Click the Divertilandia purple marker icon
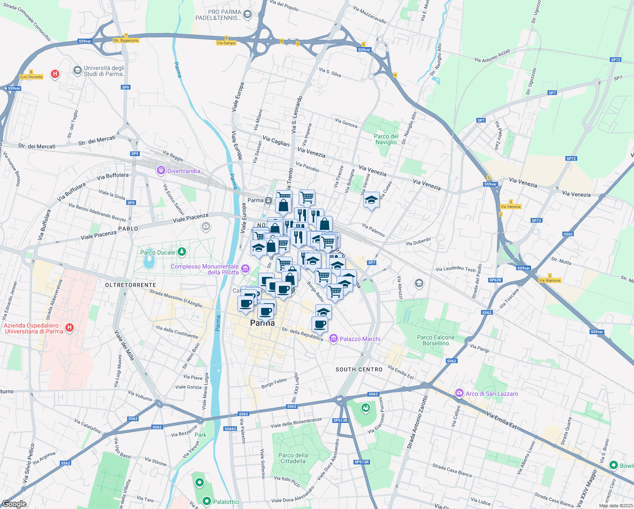click(x=161, y=171)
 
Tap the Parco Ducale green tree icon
click(x=182, y=252)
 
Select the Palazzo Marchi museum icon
click(x=334, y=338)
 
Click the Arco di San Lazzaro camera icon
click(x=459, y=393)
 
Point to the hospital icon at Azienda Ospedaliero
click(x=70, y=327)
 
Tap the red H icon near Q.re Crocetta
click(x=55, y=74)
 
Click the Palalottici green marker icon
click(x=206, y=501)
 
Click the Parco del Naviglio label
click(x=386, y=139)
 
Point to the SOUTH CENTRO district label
click(x=359, y=369)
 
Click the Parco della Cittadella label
click(x=293, y=458)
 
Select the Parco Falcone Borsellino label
click(x=436, y=340)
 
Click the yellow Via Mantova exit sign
click(x=550, y=280)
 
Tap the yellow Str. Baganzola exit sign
click(x=126, y=40)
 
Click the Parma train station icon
click(x=268, y=201)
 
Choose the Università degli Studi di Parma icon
click(x=77, y=70)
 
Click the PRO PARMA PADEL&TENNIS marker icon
click(x=247, y=15)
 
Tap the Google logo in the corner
click(x=14, y=504)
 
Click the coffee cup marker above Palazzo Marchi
click(x=320, y=324)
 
